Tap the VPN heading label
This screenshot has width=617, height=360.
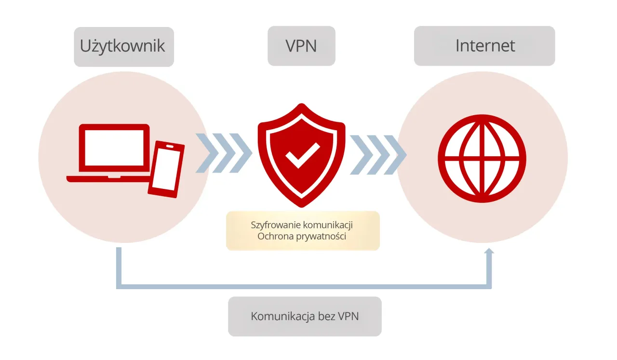coord(301,46)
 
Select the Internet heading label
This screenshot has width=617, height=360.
coord(485,46)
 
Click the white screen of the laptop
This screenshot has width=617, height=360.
coord(114,147)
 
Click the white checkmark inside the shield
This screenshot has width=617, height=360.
coord(302,155)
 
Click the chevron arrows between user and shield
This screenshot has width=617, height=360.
coord(224,153)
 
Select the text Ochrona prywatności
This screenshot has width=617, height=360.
coord(302,237)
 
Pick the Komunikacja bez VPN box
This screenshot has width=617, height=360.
coord(305,316)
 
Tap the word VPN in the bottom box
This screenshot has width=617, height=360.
coord(348,316)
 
